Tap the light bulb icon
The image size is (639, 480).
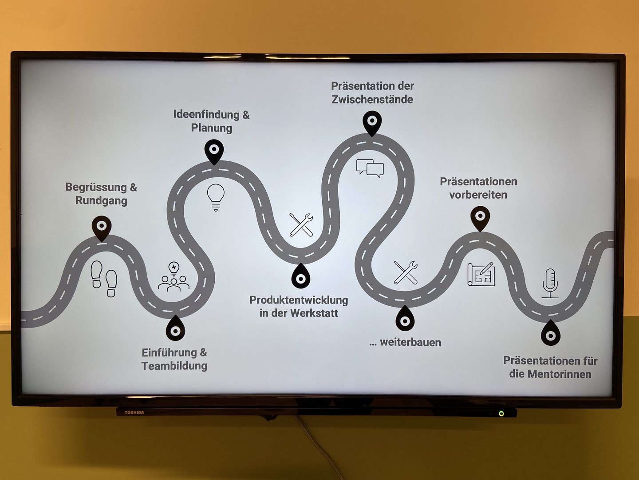(x=216, y=197)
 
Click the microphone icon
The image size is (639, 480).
(x=550, y=283)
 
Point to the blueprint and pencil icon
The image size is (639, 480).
(x=481, y=274)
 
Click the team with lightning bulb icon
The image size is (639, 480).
(x=174, y=277)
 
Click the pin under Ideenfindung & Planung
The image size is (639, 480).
(x=214, y=152)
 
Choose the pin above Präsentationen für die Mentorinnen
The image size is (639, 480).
(x=550, y=334)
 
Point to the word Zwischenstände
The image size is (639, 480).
(x=372, y=100)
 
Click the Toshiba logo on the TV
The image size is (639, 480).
(x=134, y=412)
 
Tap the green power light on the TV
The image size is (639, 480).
(x=501, y=413)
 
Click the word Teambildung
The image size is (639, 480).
(x=174, y=366)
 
